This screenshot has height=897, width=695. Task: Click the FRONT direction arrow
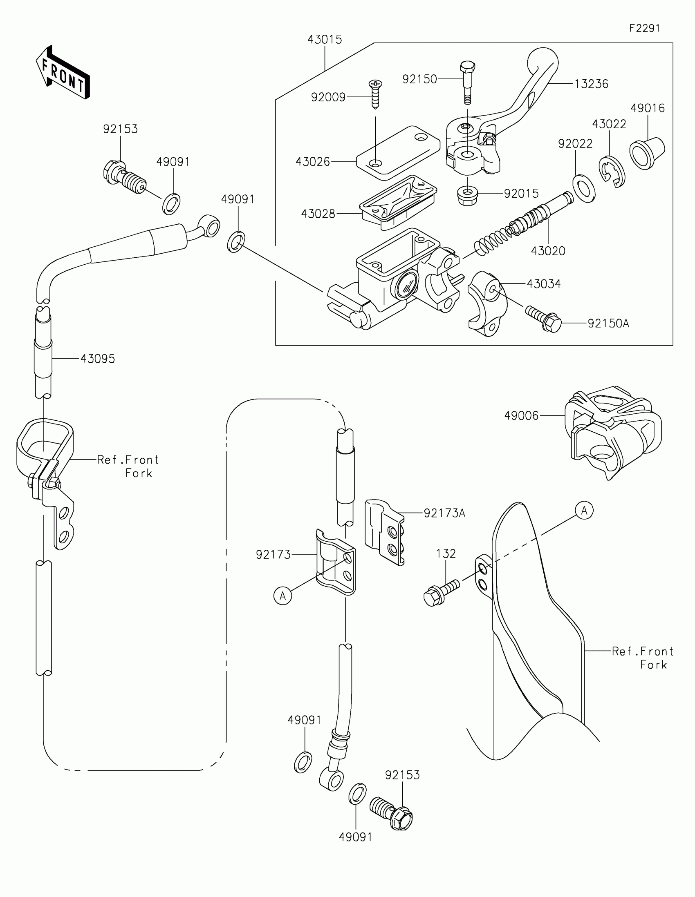pyautogui.click(x=63, y=72)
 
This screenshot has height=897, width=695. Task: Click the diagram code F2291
pyautogui.click(x=644, y=28)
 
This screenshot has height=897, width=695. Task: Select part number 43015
pyautogui.click(x=325, y=40)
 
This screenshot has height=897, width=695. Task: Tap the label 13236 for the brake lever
pyautogui.click(x=591, y=84)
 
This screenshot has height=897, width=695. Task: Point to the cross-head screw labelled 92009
pyautogui.click(x=375, y=94)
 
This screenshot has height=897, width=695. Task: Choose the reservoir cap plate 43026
pyautogui.click(x=398, y=153)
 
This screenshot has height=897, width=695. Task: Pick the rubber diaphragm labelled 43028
pyautogui.click(x=398, y=202)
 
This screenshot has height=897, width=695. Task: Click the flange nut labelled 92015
pyautogui.click(x=467, y=196)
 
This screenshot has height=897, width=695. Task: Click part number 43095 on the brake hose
pyautogui.click(x=98, y=359)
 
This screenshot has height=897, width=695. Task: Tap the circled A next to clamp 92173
pyautogui.click(x=283, y=596)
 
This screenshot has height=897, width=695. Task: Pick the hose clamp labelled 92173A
pyautogui.click(x=385, y=532)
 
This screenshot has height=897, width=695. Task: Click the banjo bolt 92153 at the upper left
pyautogui.click(x=124, y=178)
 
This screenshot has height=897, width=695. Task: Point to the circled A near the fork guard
pyautogui.click(x=585, y=511)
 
